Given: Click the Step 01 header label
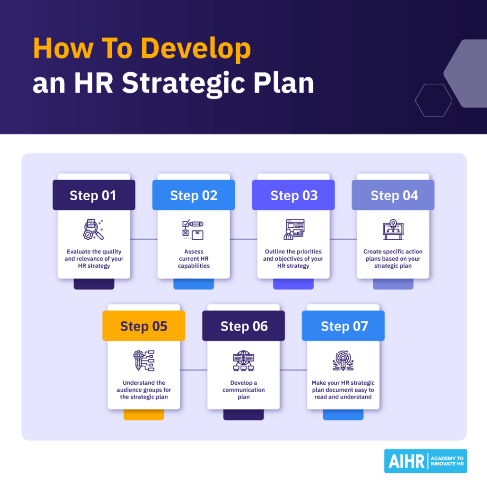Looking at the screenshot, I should [x=94, y=195].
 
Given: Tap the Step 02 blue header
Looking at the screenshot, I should [x=194, y=195].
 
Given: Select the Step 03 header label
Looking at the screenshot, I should [x=293, y=195].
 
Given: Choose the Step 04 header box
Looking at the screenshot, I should [x=393, y=195].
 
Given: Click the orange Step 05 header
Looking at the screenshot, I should [x=144, y=326].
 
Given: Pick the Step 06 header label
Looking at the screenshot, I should [x=243, y=326].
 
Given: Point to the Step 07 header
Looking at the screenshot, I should [x=343, y=326].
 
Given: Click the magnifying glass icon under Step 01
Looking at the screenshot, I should [x=93, y=230].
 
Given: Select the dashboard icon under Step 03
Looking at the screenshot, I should [x=293, y=230].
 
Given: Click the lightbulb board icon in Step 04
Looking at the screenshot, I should [x=393, y=229].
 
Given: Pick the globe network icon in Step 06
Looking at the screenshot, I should [x=243, y=361].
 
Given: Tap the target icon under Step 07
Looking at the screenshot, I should [x=343, y=360].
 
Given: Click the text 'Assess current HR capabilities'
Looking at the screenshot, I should [x=194, y=259].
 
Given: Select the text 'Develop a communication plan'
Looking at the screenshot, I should [x=243, y=390].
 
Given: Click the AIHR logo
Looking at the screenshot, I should [x=426, y=461].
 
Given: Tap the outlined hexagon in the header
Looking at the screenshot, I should [x=433, y=100].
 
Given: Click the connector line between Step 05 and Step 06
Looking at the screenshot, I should [x=194, y=370].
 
